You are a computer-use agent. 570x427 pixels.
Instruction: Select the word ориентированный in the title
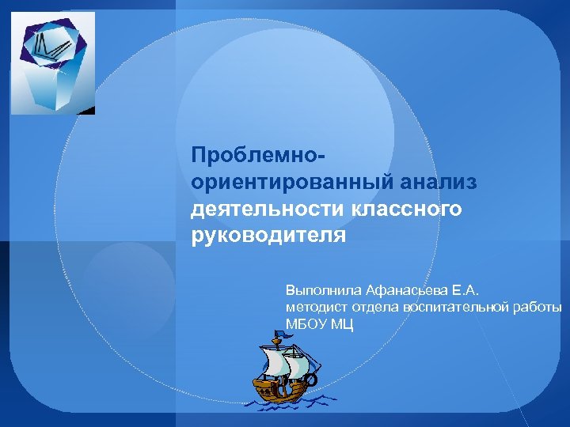click(x=284, y=182)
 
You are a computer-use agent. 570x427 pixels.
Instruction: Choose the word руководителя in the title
click(x=268, y=236)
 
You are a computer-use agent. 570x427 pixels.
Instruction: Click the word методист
click(x=313, y=307)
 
